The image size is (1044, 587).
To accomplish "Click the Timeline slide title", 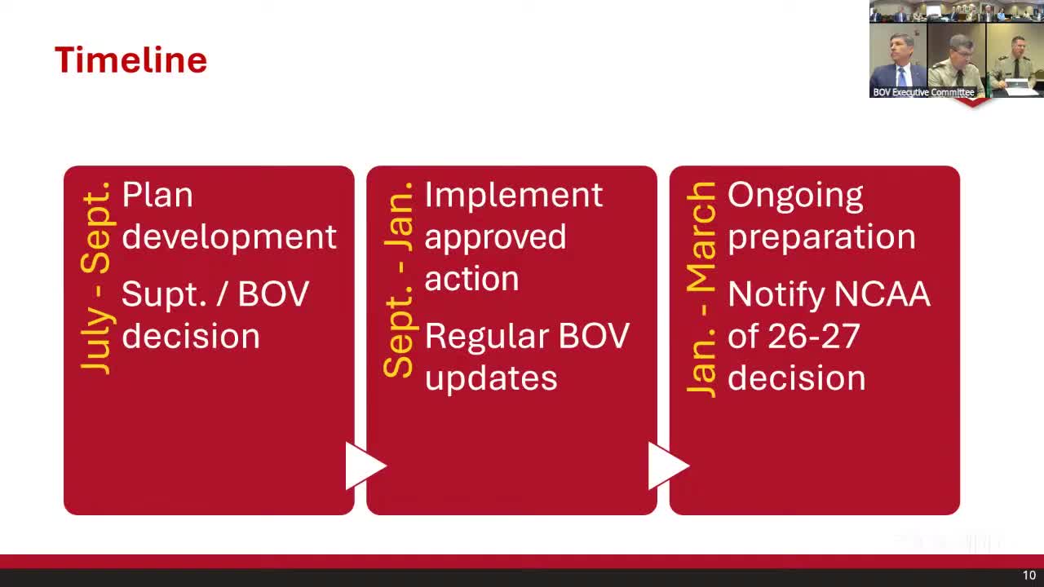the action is coord(131,60).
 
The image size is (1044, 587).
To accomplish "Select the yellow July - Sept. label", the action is coord(96,278).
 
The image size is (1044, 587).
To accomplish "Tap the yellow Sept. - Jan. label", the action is coord(399,280).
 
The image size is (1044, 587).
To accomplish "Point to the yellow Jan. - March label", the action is coord(701,289).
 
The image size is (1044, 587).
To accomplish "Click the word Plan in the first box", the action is coord(157,195).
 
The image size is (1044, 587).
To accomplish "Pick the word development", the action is coord(229,237).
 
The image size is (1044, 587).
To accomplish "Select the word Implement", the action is coord(514,196).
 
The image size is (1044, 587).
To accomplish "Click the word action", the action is coord(471,279).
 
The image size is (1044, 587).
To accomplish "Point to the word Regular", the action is coord(487,338).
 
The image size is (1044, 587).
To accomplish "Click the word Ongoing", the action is coord(795,196).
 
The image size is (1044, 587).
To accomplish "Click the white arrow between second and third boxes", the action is coord(669,466).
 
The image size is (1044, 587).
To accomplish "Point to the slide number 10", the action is coord(1029,576).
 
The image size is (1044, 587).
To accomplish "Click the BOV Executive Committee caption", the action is coord(923,92).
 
